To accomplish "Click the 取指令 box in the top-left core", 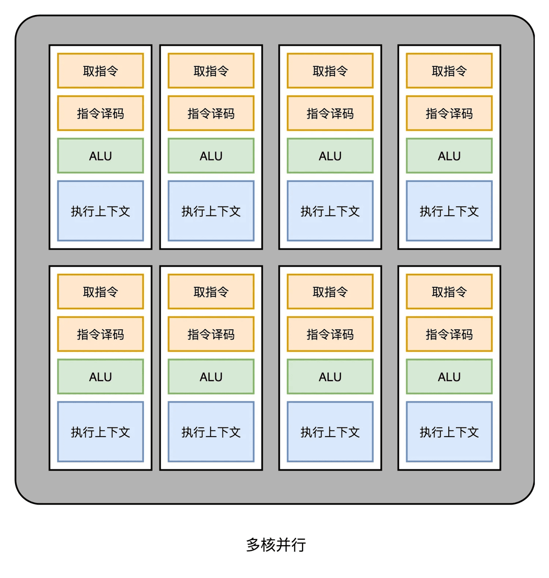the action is (x=100, y=71).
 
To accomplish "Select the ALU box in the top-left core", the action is (x=100, y=156).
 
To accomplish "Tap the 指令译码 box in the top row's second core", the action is (x=211, y=113).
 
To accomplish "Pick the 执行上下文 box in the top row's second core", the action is (x=211, y=211).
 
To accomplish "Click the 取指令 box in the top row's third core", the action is (x=330, y=71).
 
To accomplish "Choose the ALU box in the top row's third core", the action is (x=330, y=156).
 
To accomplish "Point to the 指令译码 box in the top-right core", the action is (x=449, y=113).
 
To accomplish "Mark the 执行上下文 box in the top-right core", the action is (x=449, y=211).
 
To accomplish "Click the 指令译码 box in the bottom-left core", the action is (x=100, y=334).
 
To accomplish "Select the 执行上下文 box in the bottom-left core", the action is (x=100, y=432).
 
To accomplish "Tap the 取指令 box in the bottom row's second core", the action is (x=211, y=292).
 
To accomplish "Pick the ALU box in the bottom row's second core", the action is (x=211, y=377).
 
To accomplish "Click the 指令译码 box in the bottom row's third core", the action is (x=330, y=334).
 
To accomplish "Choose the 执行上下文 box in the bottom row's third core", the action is (x=330, y=432).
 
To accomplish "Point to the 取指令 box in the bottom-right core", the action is (x=449, y=292).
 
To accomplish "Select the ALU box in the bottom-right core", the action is (x=449, y=377).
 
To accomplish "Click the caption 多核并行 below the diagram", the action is (x=276, y=545).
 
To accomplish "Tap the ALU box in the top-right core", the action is (x=449, y=156).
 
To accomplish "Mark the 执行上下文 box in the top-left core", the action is (x=100, y=211).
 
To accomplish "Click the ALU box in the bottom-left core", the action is (x=100, y=377).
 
